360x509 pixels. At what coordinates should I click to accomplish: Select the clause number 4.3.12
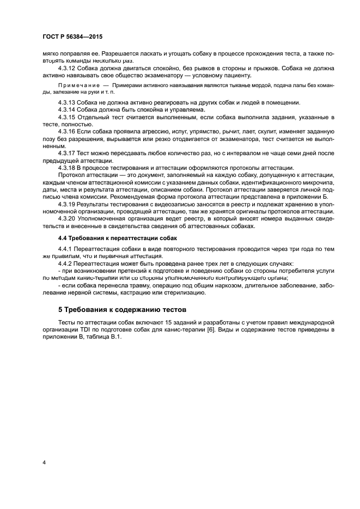(x=66, y=68)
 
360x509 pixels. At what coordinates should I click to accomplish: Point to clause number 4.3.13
(x=66, y=103)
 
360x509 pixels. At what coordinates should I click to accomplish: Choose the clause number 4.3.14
(x=66, y=110)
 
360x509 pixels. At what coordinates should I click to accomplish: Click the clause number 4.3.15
(x=66, y=118)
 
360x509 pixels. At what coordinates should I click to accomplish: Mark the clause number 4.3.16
(x=66, y=132)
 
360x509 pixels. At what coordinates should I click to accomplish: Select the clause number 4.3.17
(x=66, y=154)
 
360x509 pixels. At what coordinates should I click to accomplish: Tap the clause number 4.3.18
(x=66, y=168)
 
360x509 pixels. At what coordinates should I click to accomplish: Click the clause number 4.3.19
(x=66, y=204)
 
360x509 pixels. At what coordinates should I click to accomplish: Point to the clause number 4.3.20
(x=66, y=218)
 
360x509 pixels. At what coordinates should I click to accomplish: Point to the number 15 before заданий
(x=167, y=322)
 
